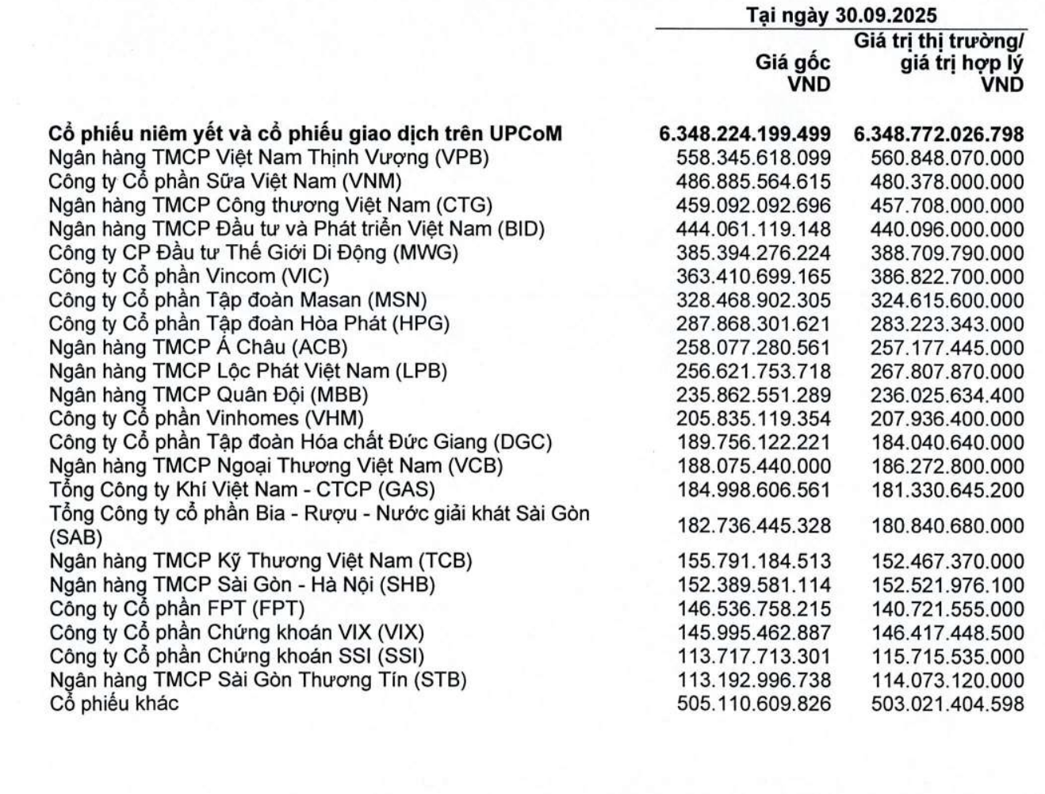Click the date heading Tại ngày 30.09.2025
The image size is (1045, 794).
click(840, 15)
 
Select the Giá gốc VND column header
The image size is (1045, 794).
click(793, 73)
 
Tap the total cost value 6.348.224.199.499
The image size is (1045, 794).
click(745, 134)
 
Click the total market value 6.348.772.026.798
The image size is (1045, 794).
click(939, 134)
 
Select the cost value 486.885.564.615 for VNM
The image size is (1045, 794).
click(753, 181)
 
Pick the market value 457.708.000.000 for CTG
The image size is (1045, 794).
click(947, 205)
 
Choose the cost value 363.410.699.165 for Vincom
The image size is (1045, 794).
click(753, 277)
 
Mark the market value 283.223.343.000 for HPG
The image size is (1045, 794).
click(947, 324)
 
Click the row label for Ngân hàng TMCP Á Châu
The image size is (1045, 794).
click(198, 348)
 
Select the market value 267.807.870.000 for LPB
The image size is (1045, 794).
click(947, 372)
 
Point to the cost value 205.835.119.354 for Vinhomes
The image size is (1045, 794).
click(753, 419)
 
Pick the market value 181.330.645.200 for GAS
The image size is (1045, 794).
click(947, 491)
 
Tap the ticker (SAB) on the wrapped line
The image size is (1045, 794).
click(76, 538)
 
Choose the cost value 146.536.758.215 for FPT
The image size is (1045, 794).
click(753, 609)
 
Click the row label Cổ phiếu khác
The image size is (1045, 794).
click(114, 704)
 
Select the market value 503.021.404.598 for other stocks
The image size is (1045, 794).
click(947, 704)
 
